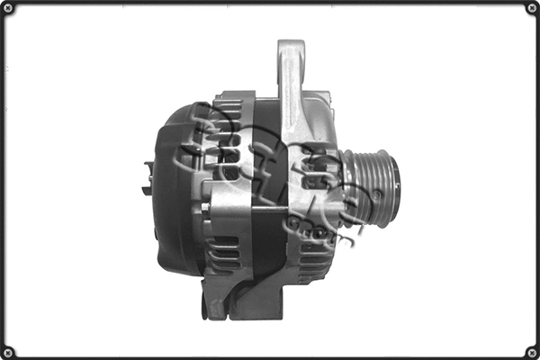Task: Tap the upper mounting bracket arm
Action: pyautogui.click(x=290, y=99)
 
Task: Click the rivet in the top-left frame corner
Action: pyautogui.click(x=8, y=8)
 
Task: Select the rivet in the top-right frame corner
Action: pyautogui.click(x=531, y=8)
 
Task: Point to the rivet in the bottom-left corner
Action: pyautogui.click(x=8, y=351)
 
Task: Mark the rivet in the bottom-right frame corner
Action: pyautogui.click(x=531, y=351)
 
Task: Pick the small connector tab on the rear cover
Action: pyautogui.click(x=148, y=176)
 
